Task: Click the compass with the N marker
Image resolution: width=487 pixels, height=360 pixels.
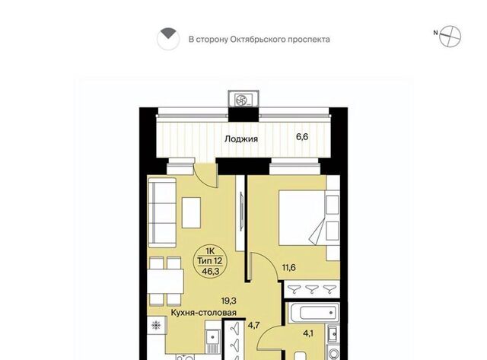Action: click(450, 37)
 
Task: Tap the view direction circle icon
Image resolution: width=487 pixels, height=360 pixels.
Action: click(168, 39)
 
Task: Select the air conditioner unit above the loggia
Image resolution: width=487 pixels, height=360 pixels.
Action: click(243, 99)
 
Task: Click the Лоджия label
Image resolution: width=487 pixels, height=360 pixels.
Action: click(241, 139)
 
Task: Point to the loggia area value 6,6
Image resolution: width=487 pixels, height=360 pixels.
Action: click(302, 137)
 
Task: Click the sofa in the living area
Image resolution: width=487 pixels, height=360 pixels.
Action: click(162, 212)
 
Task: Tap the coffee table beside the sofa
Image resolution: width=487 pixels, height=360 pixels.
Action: click(191, 213)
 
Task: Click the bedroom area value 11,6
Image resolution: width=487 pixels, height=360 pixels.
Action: click(288, 267)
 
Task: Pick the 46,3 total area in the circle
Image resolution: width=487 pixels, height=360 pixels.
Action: click(211, 271)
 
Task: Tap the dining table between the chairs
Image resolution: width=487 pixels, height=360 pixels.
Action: click(165, 282)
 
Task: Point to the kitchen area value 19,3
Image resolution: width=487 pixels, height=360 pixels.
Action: click(229, 301)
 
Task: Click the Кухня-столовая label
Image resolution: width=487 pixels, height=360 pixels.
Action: click(204, 313)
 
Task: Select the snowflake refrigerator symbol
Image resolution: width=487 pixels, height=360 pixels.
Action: click(156, 325)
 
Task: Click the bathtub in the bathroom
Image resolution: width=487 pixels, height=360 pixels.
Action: click(314, 313)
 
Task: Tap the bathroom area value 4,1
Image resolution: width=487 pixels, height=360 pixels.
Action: click(308, 333)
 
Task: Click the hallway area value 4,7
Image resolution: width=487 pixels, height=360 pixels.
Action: click(253, 325)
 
